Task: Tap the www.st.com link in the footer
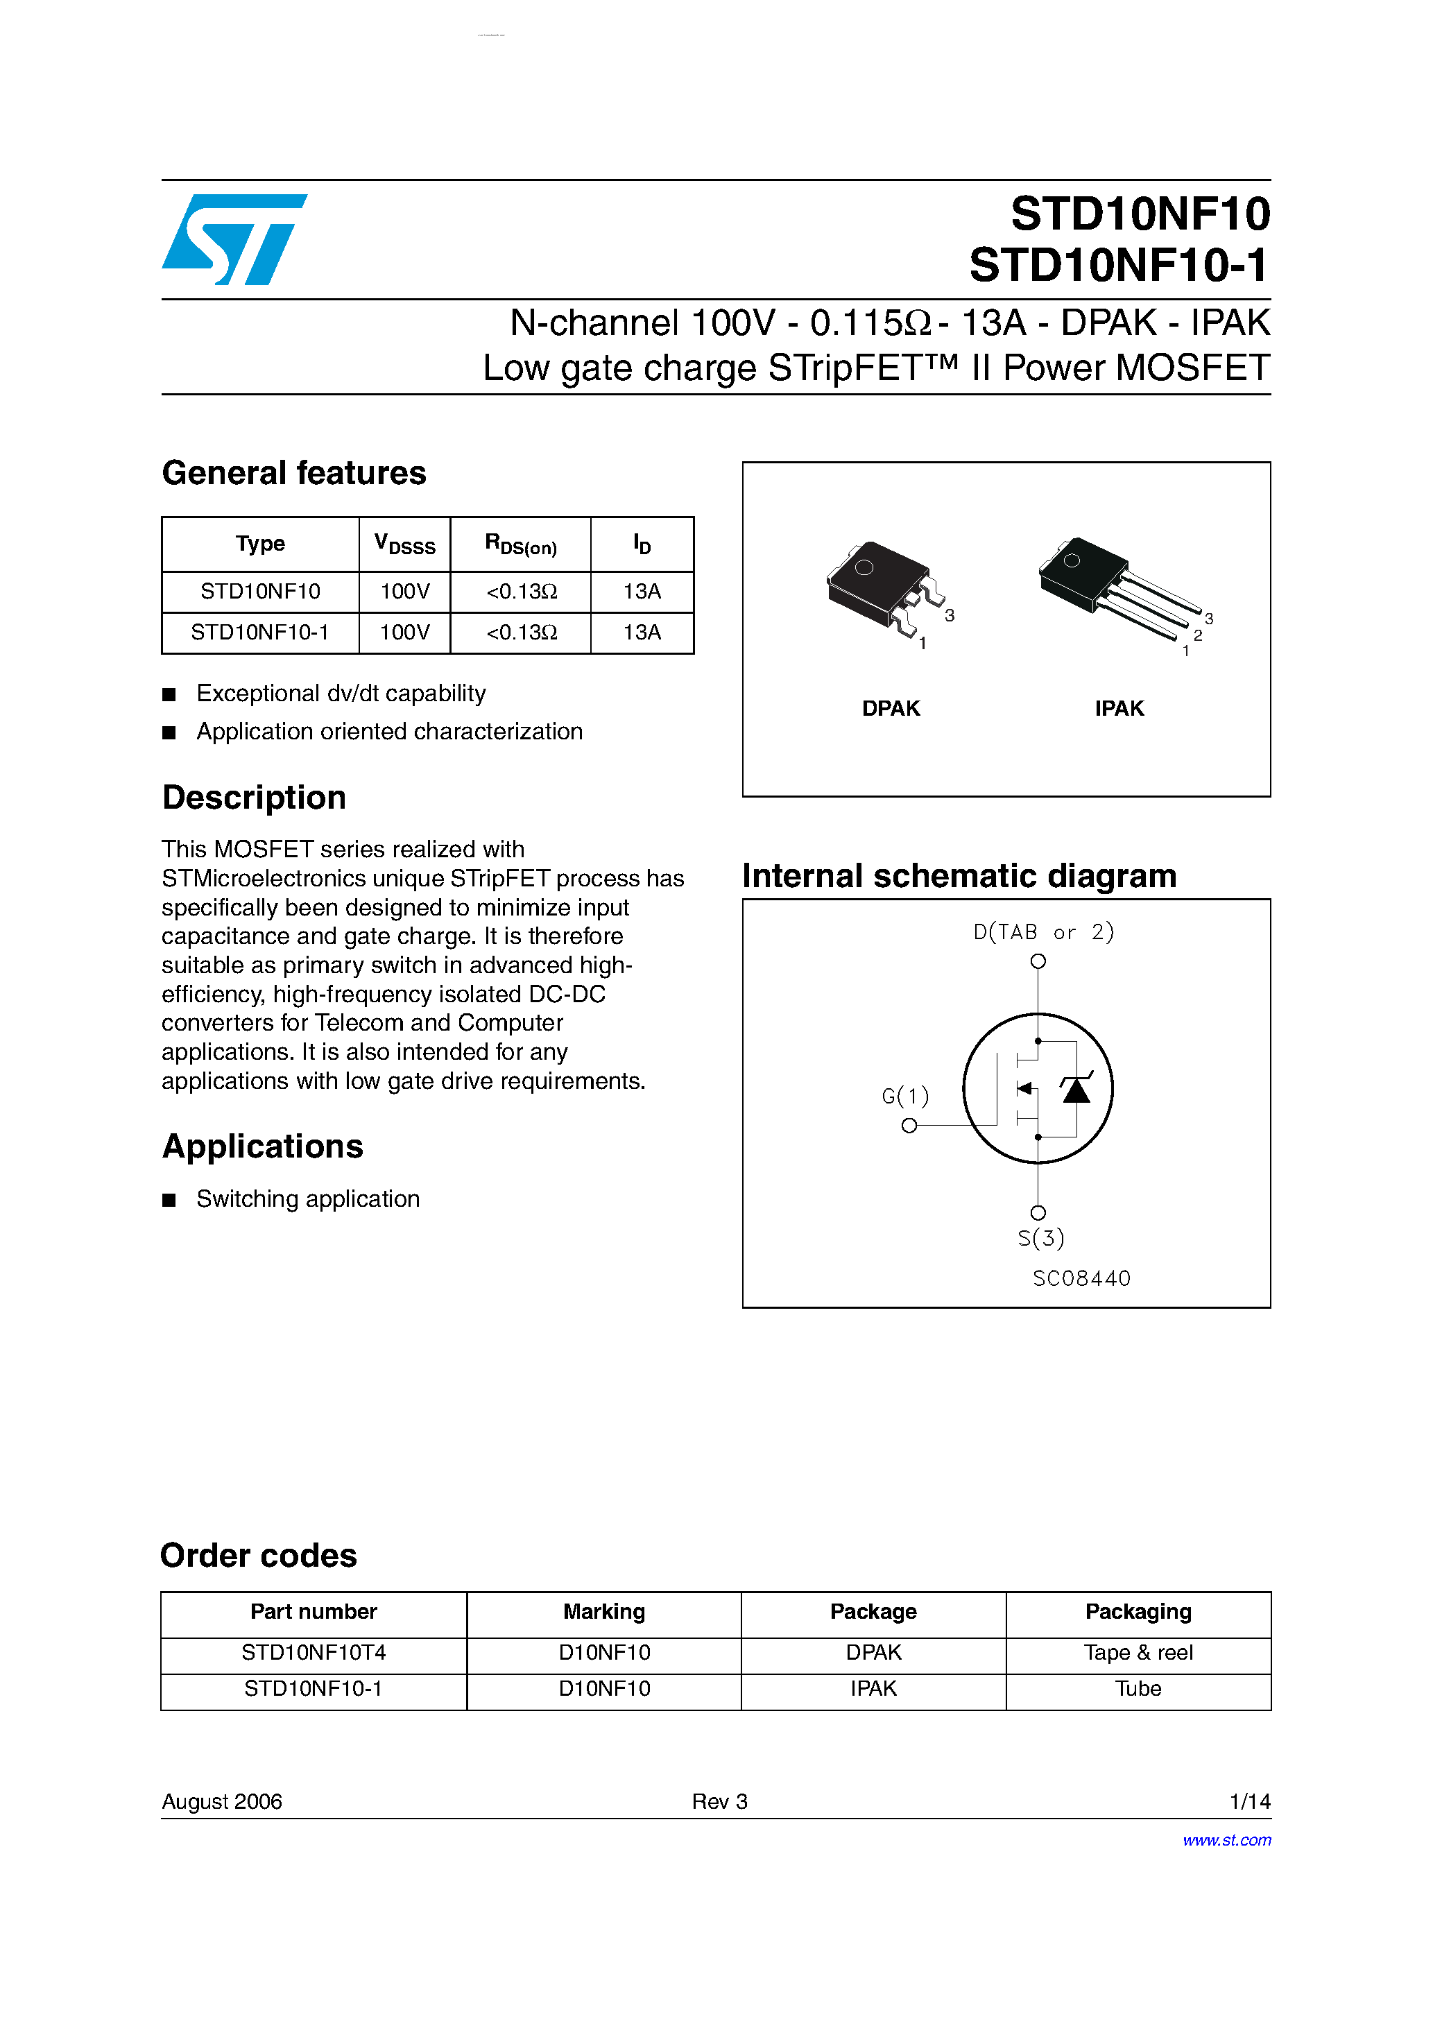(1226, 1840)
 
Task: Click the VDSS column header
(404, 544)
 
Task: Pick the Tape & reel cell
(1138, 1653)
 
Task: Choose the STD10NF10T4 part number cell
(314, 1653)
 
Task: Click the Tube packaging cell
(1138, 1689)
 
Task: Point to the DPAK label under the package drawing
(891, 708)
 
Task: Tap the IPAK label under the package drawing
(1119, 708)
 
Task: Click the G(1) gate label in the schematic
(904, 1096)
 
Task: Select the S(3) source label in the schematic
(1040, 1238)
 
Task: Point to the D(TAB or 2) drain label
(1043, 932)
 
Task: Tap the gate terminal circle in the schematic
(909, 1125)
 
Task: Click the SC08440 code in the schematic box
(1081, 1278)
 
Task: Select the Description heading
(255, 798)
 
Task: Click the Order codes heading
(259, 1556)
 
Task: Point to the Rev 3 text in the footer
(719, 1801)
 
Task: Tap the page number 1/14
(1249, 1801)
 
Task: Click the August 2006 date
(222, 1801)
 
